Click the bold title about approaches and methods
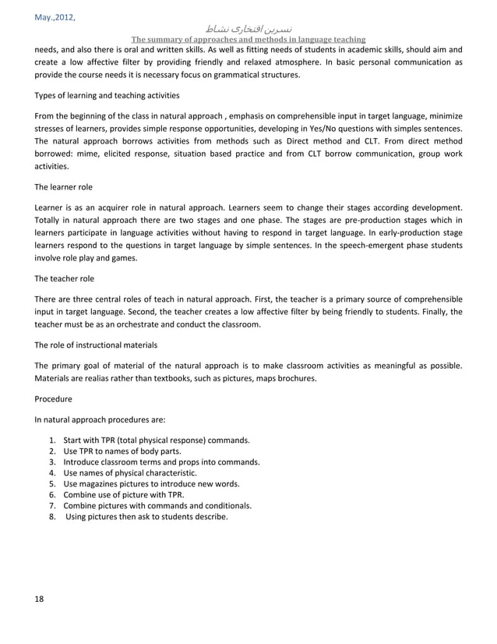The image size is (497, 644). pos(248,41)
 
